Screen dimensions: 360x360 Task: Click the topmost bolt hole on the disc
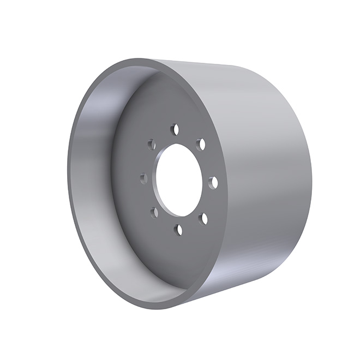click(175, 129)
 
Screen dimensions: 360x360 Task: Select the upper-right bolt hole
click(201, 145)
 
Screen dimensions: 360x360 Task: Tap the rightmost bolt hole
click(213, 182)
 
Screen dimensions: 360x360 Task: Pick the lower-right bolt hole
click(203, 218)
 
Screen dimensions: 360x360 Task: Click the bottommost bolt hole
click(178, 230)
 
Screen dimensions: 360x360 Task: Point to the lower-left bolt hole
click(154, 212)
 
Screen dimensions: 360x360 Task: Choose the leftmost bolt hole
click(144, 178)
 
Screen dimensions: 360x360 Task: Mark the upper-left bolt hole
click(152, 145)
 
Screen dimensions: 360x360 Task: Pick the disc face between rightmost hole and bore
click(206, 182)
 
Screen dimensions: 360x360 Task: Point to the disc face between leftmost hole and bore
click(151, 178)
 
